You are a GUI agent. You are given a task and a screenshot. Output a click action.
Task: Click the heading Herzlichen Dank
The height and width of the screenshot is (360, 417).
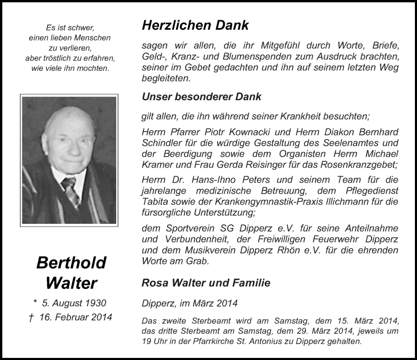click(195, 25)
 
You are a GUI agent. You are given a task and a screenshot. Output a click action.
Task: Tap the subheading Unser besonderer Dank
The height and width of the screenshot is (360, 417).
click(201, 97)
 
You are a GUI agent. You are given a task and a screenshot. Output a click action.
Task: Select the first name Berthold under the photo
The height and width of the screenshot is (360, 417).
click(71, 262)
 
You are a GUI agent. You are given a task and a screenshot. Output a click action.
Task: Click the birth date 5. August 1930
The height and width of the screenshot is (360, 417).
click(75, 303)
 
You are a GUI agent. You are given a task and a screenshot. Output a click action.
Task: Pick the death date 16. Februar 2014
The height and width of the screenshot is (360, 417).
click(75, 317)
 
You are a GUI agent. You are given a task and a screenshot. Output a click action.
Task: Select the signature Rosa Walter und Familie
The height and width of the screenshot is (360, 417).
click(206, 283)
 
